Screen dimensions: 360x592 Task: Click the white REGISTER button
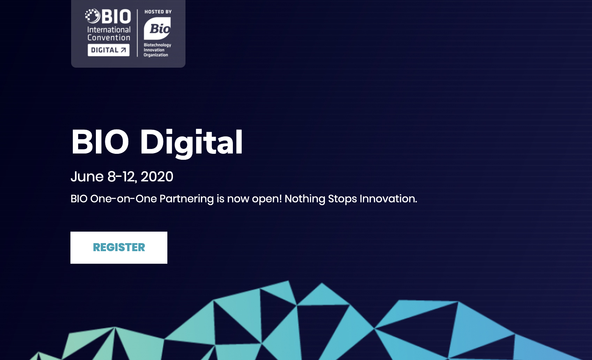(119, 247)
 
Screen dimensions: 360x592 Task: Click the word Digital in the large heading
(191, 142)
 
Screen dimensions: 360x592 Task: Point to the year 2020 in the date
(157, 177)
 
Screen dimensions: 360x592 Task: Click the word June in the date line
(87, 177)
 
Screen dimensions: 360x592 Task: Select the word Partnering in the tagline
(187, 199)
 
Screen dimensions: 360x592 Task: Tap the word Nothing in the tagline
(305, 199)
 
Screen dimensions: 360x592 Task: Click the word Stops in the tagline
(342, 199)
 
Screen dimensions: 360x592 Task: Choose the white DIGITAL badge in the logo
(108, 50)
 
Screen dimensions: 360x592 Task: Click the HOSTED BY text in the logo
(158, 12)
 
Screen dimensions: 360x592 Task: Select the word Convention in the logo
(109, 38)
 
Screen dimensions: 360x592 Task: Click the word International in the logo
(109, 30)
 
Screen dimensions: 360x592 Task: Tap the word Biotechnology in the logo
(157, 45)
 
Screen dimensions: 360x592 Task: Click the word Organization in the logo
(156, 55)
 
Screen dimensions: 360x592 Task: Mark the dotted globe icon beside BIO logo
(92, 16)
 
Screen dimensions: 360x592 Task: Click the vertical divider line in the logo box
(137, 33)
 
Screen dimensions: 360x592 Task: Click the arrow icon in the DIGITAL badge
(123, 50)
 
